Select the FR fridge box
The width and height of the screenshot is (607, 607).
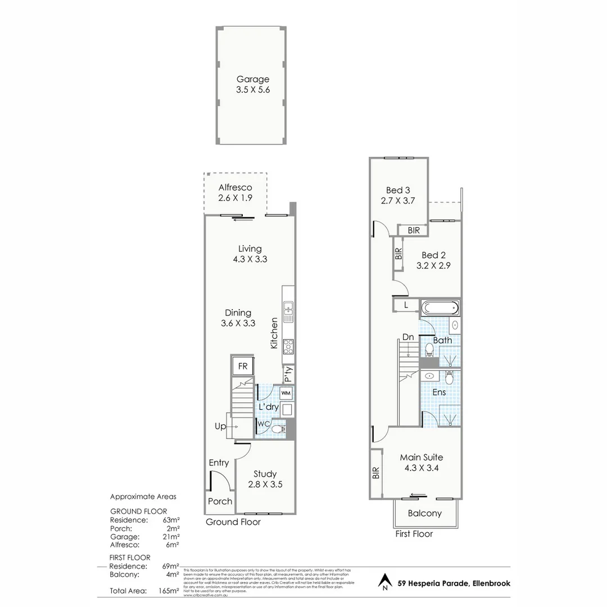point(243,366)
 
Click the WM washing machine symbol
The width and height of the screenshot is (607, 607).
point(286,392)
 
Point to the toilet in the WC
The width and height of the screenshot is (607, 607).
point(277,430)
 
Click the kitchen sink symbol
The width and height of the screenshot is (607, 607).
point(289,310)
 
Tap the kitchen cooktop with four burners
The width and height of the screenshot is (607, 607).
point(289,345)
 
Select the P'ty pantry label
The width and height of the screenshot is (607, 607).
point(288,373)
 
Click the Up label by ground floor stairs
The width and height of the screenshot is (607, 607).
point(220,427)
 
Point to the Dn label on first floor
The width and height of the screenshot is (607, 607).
point(408,338)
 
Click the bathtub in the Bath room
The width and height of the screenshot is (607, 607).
point(440,308)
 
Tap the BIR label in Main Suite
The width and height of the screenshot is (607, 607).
point(375,474)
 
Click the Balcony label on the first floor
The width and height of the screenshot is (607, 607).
point(424,513)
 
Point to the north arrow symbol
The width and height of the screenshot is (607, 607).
point(384,582)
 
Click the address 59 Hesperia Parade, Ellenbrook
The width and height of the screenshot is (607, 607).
point(454,583)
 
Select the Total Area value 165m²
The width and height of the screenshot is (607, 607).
point(169,591)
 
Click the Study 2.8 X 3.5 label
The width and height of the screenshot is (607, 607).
point(264,479)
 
